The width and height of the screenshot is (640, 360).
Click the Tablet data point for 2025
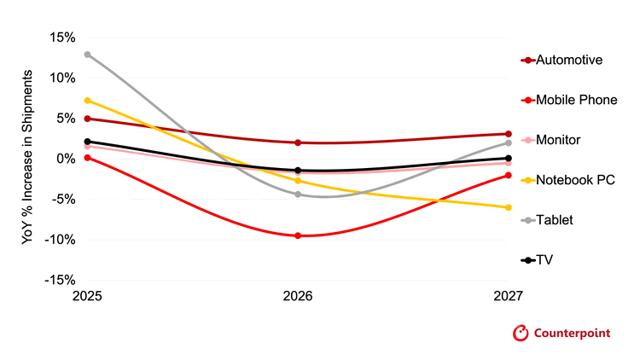87,55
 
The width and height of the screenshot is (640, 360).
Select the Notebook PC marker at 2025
87,101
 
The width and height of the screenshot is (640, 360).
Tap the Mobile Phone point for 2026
298,235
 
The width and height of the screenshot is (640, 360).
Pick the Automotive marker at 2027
509,134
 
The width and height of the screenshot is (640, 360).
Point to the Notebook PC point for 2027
509,207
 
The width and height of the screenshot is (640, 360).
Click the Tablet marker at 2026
298,195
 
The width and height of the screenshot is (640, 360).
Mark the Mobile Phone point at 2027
509,175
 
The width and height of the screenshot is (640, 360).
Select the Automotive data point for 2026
298,142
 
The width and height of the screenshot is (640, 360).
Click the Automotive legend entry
561,60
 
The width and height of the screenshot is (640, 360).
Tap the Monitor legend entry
550,140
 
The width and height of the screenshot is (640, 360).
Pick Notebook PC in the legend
567,180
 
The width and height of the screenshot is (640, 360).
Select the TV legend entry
537,260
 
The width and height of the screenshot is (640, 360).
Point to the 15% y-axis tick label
62,38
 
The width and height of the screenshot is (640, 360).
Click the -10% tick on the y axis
60,240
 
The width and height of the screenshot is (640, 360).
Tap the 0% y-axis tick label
66,159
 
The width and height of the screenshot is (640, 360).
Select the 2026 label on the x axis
298,295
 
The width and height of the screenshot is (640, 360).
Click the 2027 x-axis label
509,295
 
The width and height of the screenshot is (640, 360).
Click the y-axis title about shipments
27,157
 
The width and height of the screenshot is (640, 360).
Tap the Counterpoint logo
561,333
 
